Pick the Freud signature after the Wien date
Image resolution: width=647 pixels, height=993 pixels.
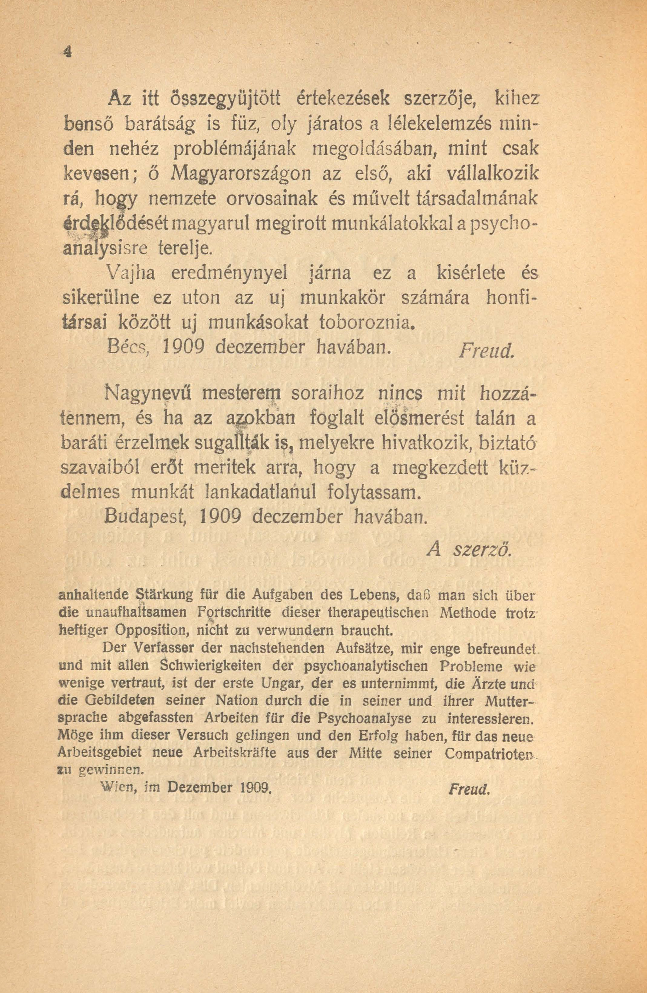click(468, 789)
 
